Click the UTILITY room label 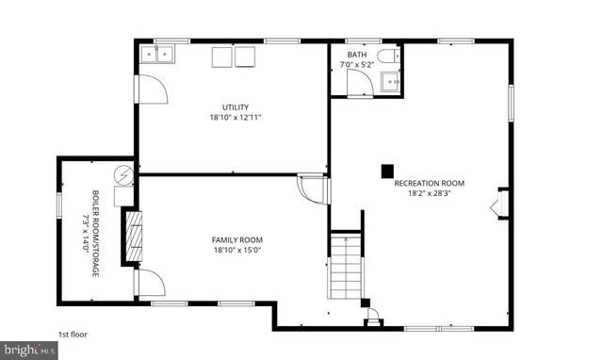236,106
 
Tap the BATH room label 356,55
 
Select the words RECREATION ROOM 429,183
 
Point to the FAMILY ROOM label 236,239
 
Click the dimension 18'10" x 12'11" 236,118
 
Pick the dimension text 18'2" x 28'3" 429,194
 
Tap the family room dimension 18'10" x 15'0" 236,251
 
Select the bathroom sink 391,82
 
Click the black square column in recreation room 386,171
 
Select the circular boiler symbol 123,174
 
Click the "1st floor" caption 72,334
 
